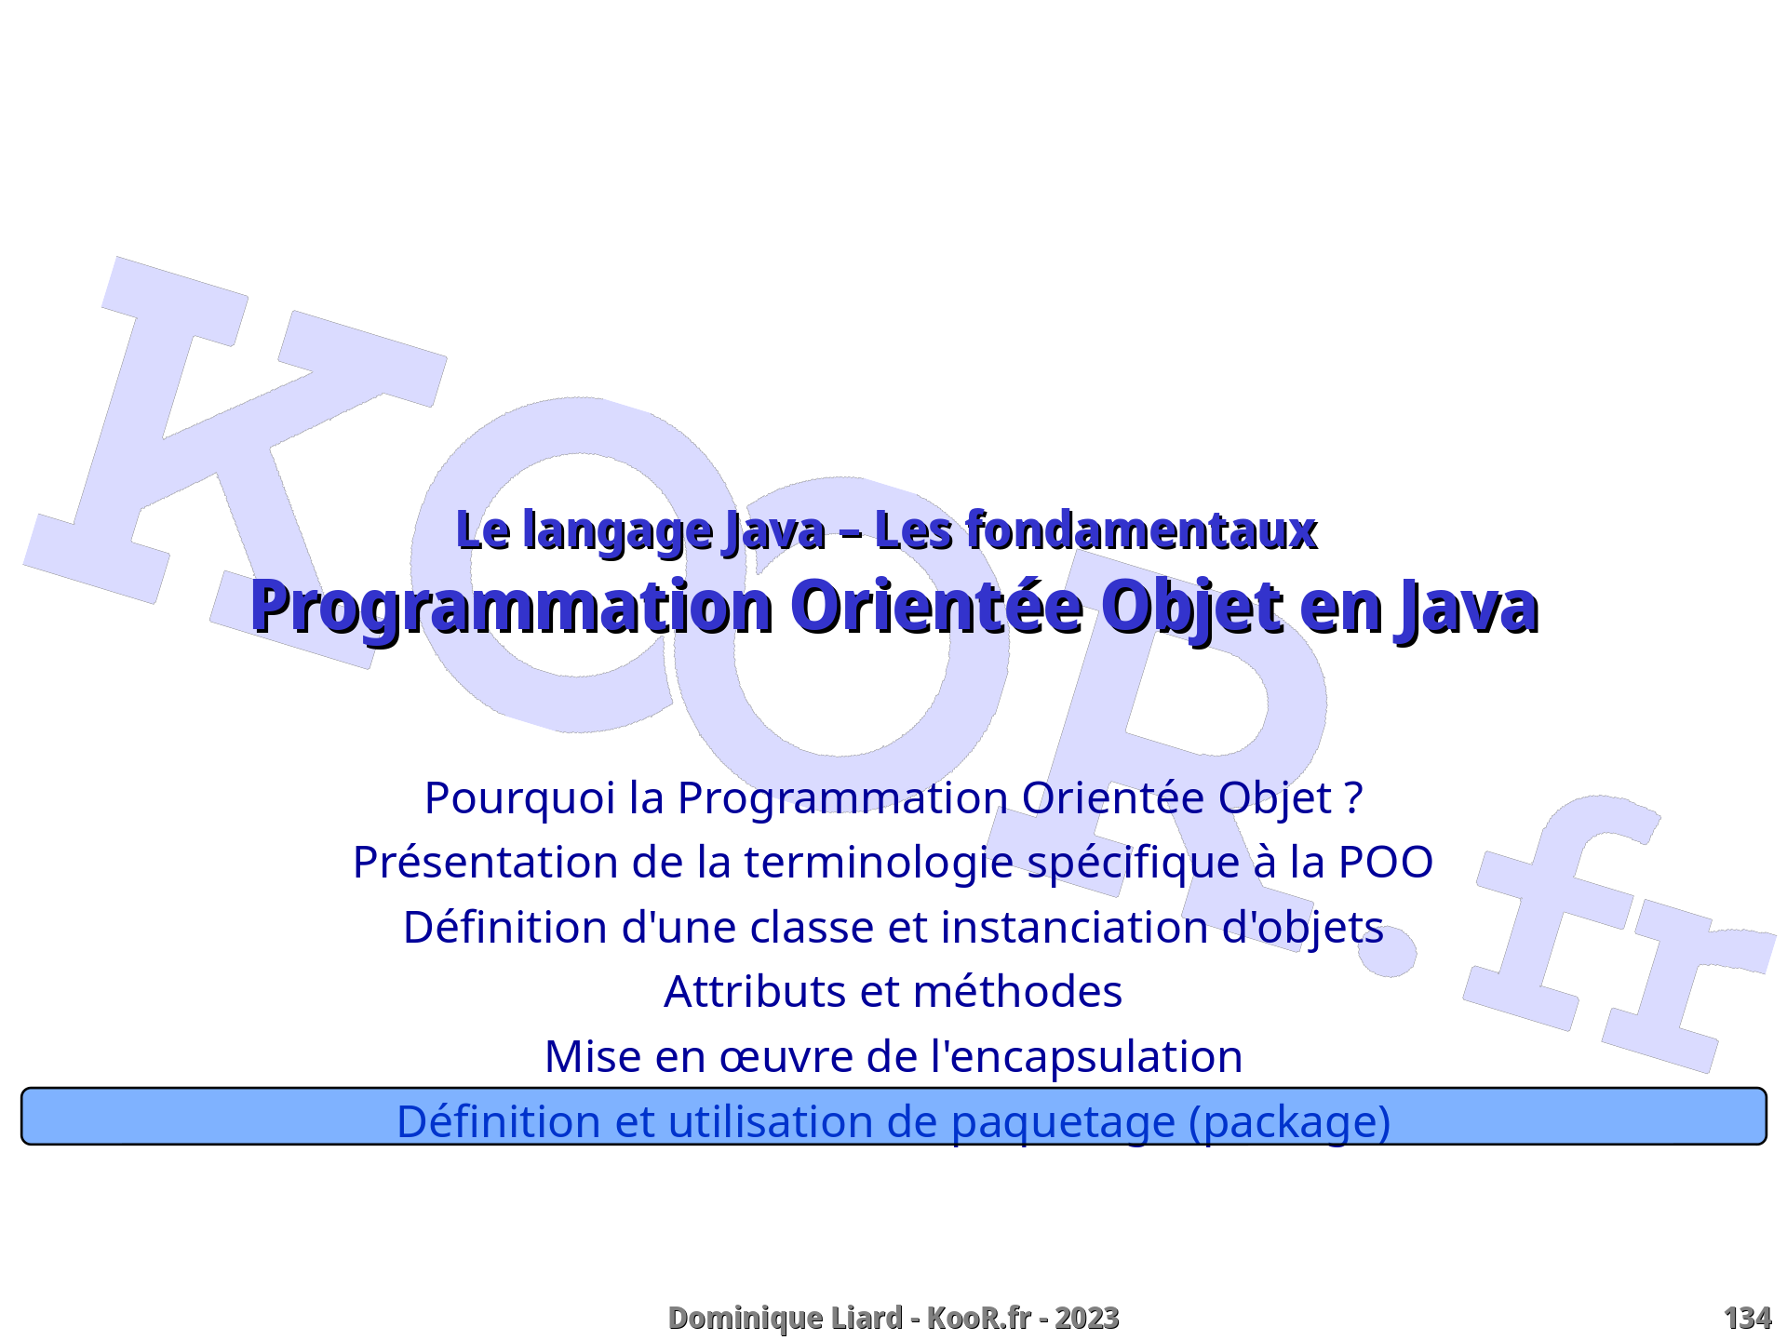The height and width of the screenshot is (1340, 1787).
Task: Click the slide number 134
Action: (1747, 1318)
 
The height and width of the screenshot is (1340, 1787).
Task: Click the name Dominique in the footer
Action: (738, 1319)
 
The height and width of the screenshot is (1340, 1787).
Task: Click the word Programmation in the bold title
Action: (511, 608)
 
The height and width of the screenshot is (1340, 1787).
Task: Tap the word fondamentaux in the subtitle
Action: (1141, 530)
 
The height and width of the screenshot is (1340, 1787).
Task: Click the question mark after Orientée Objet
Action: (1354, 798)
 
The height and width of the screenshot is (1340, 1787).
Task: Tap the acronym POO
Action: (1386, 863)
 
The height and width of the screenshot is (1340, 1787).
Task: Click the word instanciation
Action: (1074, 928)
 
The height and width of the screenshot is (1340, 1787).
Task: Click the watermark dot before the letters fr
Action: (1389, 950)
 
